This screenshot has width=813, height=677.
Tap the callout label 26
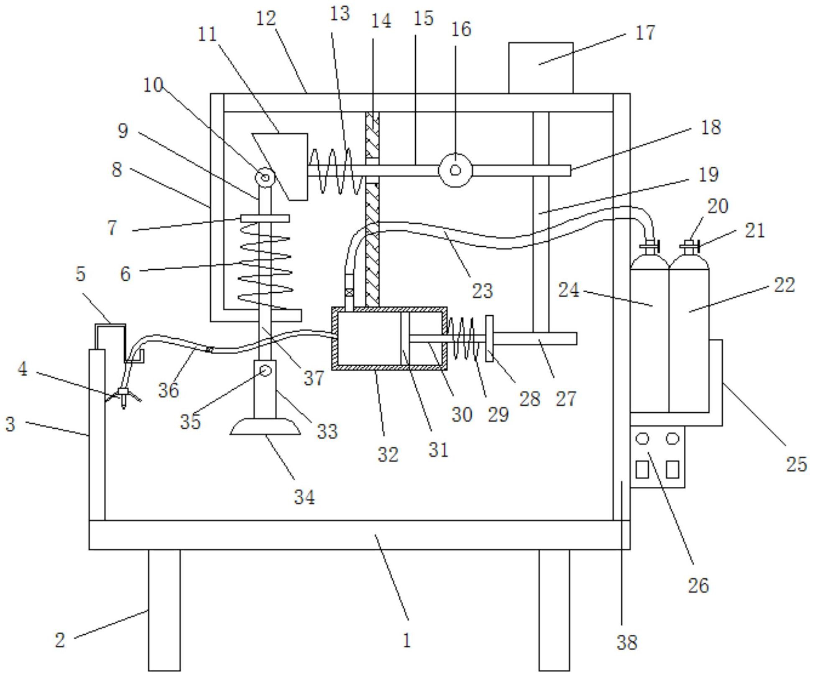click(x=698, y=585)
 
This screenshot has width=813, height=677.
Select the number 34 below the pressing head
click(x=304, y=497)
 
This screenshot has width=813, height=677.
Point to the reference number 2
click(x=60, y=640)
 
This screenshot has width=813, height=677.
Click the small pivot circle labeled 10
click(x=265, y=177)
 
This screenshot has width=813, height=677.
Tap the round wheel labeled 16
click(x=455, y=170)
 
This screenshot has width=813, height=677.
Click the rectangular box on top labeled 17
click(x=541, y=68)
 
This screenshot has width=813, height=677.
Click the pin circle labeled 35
click(x=265, y=370)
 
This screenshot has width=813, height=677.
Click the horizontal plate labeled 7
click(x=265, y=218)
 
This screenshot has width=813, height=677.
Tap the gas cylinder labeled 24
click(x=649, y=335)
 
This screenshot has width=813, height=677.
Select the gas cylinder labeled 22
click(x=689, y=335)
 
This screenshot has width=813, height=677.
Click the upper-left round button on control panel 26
click(x=642, y=439)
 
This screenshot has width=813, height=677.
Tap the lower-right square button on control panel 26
click(x=672, y=469)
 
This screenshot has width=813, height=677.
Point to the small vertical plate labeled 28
click(x=489, y=338)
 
